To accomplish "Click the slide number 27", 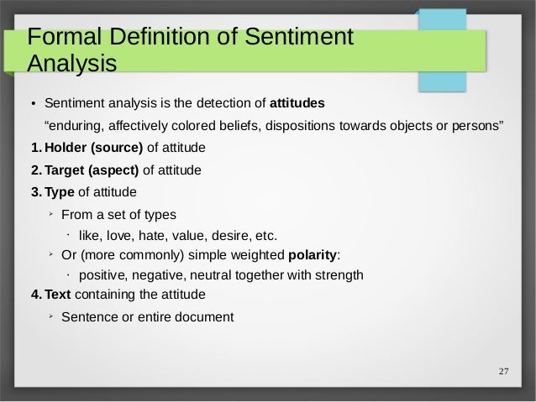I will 503,373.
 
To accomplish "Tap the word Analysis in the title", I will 71,64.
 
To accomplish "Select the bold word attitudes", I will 297,104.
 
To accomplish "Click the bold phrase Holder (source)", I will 94,149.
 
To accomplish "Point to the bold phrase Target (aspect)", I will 92,170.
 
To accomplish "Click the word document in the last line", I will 205,317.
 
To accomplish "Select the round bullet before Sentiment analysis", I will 34,105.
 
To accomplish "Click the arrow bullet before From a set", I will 51,213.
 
